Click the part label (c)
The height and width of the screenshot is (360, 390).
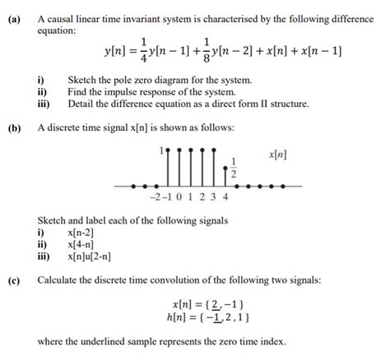point(15,280)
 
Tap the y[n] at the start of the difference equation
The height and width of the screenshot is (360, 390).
point(116,53)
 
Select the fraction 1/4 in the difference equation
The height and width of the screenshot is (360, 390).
point(145,53)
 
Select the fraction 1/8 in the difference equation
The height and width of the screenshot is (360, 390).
point(209,53)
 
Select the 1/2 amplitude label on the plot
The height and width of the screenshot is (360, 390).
point(234,168)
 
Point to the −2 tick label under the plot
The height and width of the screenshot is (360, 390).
point(156,198)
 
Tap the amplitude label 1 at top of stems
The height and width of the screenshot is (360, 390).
point(161,152)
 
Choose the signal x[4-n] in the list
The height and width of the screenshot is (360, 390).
point(81,245)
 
